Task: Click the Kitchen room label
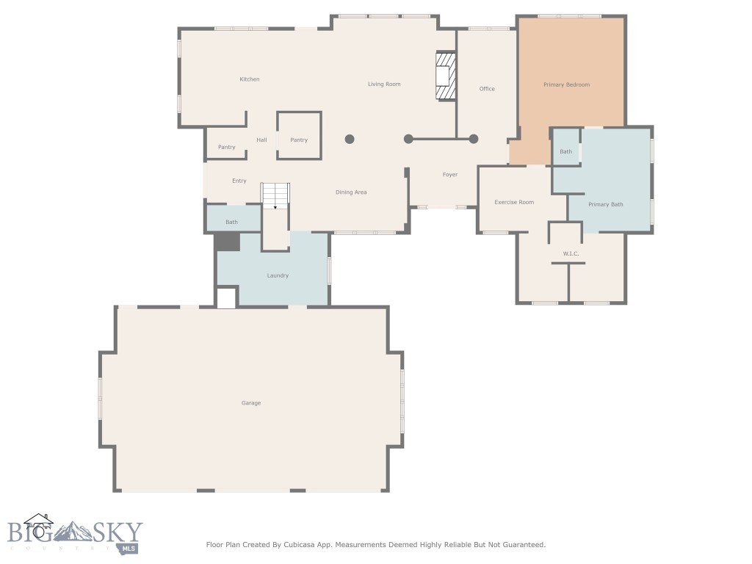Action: pos(250,79)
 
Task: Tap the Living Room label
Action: pos(384,84)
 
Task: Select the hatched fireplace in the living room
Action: pos(445,76)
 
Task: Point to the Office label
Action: pos(487,89)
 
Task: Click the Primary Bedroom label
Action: pos(566,84)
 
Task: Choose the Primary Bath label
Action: pos(606,204)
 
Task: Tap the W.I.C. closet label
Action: pos(571,253)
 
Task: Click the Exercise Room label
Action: pos(514,202)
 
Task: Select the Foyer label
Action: pos(450,175)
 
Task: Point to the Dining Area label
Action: pos(351,192)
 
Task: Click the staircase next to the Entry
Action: pos(275,195)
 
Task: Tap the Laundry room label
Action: pos(278,275)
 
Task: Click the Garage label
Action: pos(251,403)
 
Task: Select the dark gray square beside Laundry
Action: pos(227,242)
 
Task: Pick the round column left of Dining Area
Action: pos(350,139)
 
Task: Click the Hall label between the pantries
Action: pos(261,140)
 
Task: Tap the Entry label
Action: pos(239,181)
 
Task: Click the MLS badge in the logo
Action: pos(129,549)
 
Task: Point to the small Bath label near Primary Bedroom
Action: pos(566,151)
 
